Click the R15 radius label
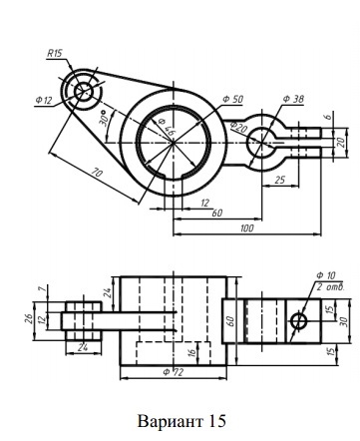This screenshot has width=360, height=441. pyautogui.click(x=55, y=53)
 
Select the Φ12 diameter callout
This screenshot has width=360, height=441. pyautogui.click(x=44, y=100)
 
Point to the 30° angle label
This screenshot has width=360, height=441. pyautogui.click(x=104, y=118)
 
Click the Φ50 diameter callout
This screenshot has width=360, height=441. pyautogui.click(x=232, y=99)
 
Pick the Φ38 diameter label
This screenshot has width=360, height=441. pyautogui.click(x=293, y=99)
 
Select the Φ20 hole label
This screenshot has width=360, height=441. pyautogui.click(x=238, y=127)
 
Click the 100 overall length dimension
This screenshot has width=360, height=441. pyautogui.click(x=247, y=227)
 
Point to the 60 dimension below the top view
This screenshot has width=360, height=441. pyautogui.click(x=217, y=213)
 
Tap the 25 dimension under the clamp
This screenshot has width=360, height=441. pyautogui.click(x=280, y=180)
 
